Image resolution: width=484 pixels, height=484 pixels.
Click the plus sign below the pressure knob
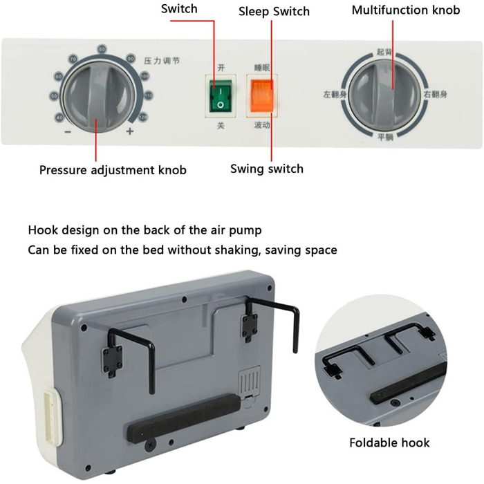(x=129, y=131)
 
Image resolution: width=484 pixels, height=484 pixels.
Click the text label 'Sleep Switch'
(x=274, y=11)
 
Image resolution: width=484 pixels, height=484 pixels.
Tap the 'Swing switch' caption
(x=266, y=168)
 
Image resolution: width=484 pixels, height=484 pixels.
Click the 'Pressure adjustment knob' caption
(x=113, y=169)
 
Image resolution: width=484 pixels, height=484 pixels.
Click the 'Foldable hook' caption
(x=389, y=443)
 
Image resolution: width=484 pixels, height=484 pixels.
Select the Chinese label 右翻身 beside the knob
(x=434, y=93)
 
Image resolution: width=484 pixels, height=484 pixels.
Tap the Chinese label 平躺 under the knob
(x=385, y=136)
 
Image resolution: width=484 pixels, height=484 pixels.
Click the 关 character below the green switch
(x=221, y=125)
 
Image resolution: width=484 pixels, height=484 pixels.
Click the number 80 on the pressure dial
(x=102, y=49)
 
